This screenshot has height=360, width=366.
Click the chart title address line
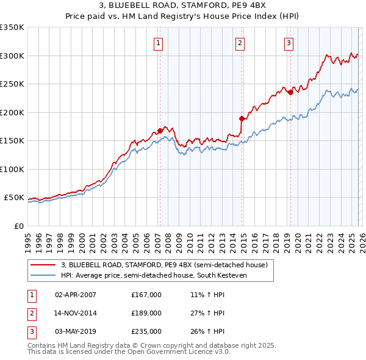click(x=183, y=7)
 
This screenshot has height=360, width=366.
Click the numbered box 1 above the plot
click(x=159, y=43)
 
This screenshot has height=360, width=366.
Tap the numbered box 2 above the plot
click(x=240, y=43)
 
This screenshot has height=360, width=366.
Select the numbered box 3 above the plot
click(x=289, y=43)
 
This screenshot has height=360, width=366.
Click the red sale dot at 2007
click(x=160, y=131)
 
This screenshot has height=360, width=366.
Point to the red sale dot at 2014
click(x=242, y=118)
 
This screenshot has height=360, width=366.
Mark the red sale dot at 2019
click(x=290, y=92)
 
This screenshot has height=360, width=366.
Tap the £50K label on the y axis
click(x=14, y=198)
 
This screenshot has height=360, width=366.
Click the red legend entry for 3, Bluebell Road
click(x=165, y=265)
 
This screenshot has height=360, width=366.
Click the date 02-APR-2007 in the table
click(x=76, y=295)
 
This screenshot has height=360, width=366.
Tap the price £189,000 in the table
click(x=146, y=313)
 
